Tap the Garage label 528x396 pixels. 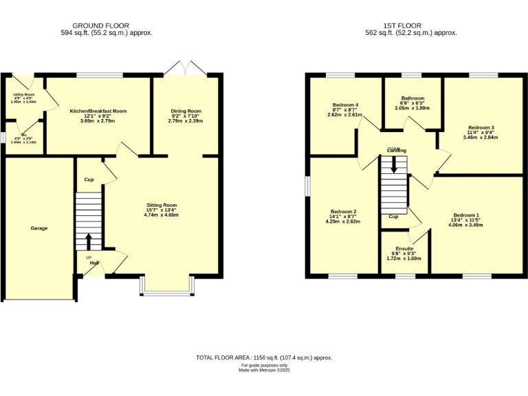tap(39, 228)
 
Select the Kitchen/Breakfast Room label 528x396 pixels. tap(98, 111)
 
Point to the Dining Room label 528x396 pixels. tap(186, 111)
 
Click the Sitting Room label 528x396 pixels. tap(162, 205)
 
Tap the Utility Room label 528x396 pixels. tap(24, 95)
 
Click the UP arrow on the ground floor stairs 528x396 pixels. tap(89, 241)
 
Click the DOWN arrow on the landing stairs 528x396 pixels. tap(394, 164)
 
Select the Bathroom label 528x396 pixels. tap(412, 98)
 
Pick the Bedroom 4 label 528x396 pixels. tap(345, 104)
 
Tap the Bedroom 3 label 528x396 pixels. tap(481, 128)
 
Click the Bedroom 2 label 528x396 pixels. tap(344, 212)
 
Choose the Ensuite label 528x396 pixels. tap(404, 248)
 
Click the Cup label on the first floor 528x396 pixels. tap(394, 217)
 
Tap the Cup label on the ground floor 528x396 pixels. tap(89, 179)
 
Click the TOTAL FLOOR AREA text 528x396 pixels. tap(264, 357)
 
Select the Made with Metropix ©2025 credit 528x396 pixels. tap(264, 370)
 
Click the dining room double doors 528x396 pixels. tap(186, 69)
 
